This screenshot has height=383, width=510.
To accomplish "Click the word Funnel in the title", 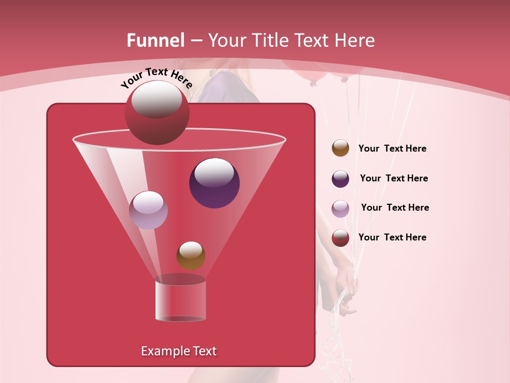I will (155, 40).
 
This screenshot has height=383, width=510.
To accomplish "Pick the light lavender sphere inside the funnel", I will (148, 210).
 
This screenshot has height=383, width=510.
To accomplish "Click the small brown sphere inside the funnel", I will (191, 256).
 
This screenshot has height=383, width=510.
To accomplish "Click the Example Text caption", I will (178, 351).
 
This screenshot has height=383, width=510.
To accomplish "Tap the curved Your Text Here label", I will (156, 78).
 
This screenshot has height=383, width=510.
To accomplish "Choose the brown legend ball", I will (341, 148).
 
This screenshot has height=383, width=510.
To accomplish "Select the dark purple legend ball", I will (341, 179).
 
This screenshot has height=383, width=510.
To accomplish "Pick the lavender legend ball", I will (341, 208).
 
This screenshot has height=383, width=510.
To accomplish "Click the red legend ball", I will (341, 238).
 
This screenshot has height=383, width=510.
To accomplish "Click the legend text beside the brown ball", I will (392, 149).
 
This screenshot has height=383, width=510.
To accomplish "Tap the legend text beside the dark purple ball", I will (394, 179).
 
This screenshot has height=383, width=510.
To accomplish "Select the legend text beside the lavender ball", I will (395, 208).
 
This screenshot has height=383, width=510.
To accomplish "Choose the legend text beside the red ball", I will (392, 238).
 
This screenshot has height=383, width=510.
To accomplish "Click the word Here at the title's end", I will (355, 40).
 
